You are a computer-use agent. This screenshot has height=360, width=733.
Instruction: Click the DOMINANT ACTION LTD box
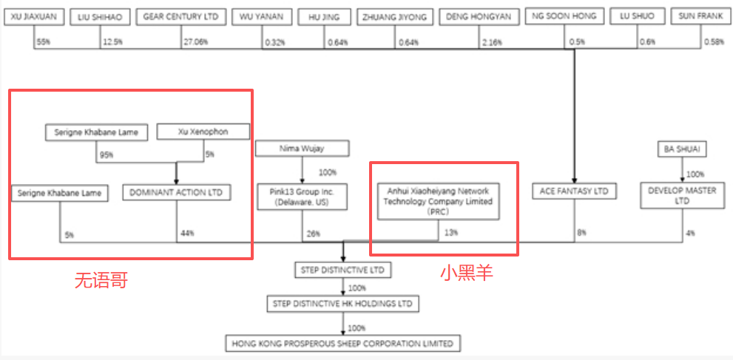click(176, 193)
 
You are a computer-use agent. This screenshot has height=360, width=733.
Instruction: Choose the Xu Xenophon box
click(203, 132)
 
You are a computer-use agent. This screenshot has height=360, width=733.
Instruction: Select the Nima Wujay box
click(301, 149)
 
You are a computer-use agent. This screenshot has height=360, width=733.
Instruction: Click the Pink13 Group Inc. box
click(301, 197)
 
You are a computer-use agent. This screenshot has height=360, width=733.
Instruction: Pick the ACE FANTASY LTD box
click(574, 191)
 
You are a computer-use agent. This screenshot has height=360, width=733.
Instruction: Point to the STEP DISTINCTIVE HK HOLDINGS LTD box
click(342, 304)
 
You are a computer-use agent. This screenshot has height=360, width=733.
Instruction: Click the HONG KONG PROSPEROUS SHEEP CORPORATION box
click(342, 344)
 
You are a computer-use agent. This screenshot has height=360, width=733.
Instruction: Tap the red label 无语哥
click(101, 280)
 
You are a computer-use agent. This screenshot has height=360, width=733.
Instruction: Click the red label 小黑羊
click(467, 273)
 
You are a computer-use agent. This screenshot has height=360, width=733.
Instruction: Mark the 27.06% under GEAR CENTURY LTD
click(195, 42)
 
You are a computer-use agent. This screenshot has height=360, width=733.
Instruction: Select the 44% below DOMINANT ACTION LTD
click(187, 234)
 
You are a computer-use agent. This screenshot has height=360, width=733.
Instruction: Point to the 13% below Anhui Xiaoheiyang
click(450, 233)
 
